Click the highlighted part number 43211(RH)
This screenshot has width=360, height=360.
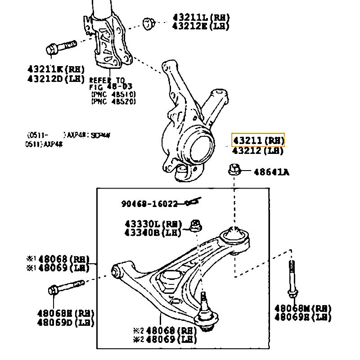point(258,140)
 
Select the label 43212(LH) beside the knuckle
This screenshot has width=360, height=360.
point(258,151)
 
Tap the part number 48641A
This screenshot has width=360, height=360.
point(271,172)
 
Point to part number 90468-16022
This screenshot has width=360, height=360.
point(149,204)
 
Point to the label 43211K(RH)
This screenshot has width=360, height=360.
point(56,70)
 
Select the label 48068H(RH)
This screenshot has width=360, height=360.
point(65,313)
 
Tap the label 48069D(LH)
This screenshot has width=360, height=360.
point(65,323)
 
